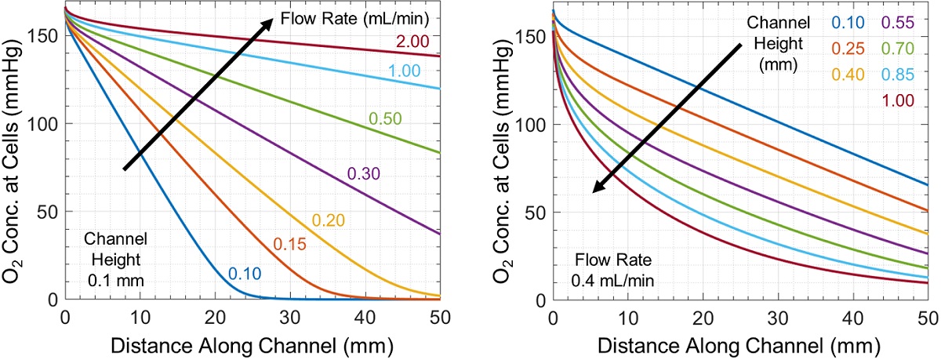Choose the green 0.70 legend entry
(898, 49)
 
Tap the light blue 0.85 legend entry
(898, 74)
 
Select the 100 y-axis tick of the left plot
(45, 124)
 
